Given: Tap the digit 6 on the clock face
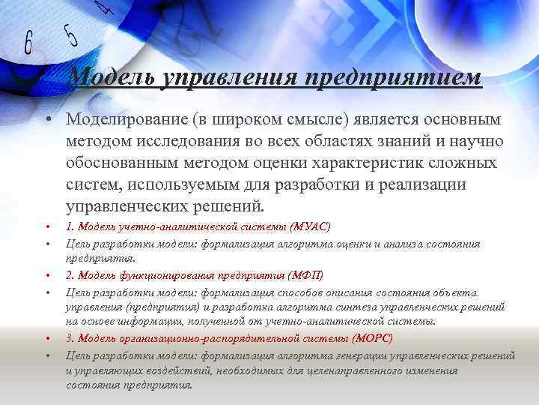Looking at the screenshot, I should point(28,43).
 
